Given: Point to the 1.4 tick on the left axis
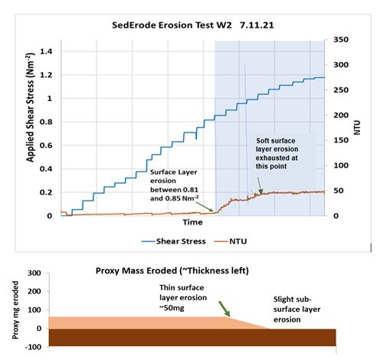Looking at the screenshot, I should click(45, 51).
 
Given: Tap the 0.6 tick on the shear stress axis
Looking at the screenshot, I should click(45, 146).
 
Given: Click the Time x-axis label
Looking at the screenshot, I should click(192, 222).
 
